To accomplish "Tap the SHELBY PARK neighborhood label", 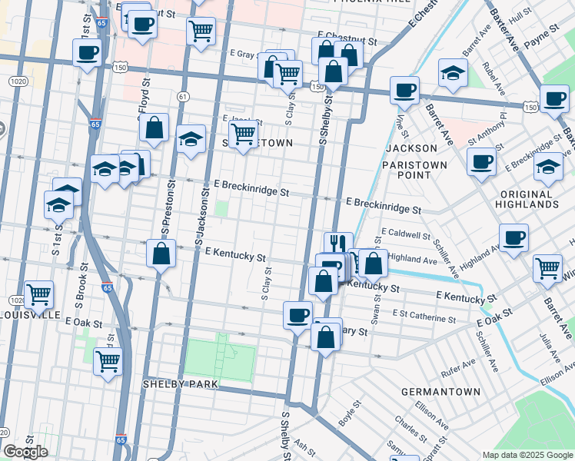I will (181, 383).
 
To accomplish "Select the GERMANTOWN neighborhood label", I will (440, 392).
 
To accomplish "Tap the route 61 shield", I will (182, 96).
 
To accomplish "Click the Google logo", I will (25, 452).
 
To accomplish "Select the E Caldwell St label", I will (407, 234).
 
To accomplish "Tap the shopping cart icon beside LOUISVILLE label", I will (38, 293).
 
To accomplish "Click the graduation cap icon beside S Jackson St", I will (191, 139).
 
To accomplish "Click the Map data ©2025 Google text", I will (527, 455).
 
